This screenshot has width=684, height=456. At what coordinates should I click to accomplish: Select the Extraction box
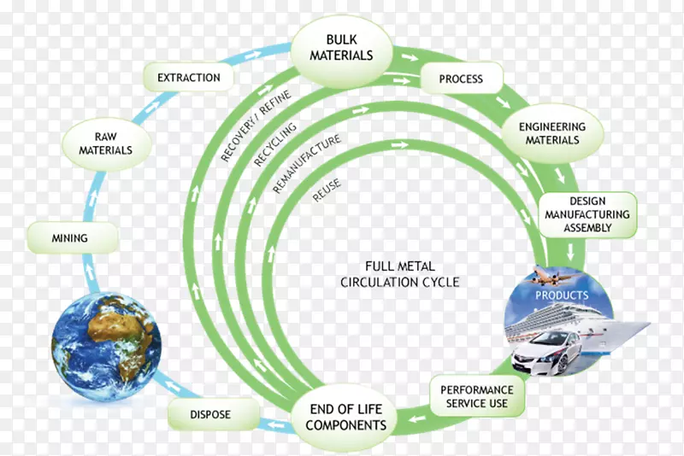click(x=188, y=78)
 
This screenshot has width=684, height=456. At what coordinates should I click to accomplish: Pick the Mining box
click(x=69, y=237)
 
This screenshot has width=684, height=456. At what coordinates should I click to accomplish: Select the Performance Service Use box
click(x=477, y=396)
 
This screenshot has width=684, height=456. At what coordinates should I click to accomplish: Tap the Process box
click(x=461, y=79)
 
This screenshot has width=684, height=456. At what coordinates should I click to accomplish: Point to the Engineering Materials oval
click(x=552, y=133)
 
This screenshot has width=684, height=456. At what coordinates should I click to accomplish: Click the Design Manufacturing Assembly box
click(x=587, y=215)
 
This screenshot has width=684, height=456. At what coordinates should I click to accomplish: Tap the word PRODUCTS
click(x=562, y=295)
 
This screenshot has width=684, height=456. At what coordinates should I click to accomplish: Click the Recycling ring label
click(x=274, y=143)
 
